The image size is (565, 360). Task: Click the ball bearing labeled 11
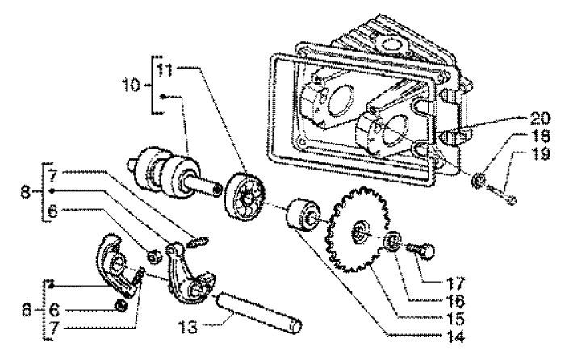pos(247,202)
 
